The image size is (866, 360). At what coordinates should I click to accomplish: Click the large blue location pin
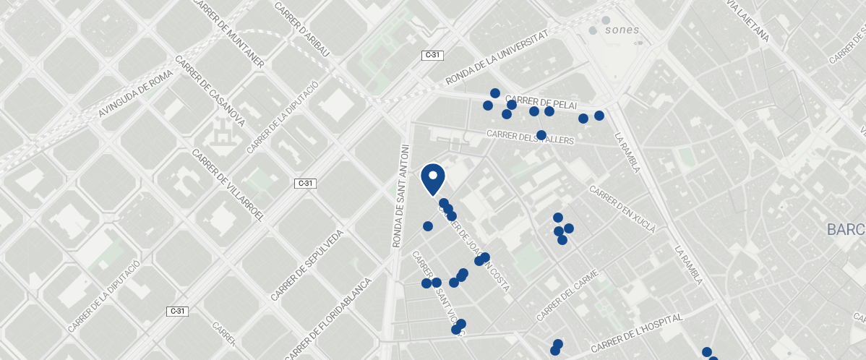[433, 179]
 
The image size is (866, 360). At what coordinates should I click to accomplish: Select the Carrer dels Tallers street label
[530, 136]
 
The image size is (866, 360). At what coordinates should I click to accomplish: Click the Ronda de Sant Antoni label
[400, 196]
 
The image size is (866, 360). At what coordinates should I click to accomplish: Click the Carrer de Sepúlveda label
[306, 267]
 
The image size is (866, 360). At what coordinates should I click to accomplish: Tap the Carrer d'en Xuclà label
[622, 210]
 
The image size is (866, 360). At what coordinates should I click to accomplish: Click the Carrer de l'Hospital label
[635, 333]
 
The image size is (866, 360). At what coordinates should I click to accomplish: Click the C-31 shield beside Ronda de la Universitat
[432, 55]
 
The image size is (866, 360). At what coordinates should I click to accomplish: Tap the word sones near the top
[622, 30]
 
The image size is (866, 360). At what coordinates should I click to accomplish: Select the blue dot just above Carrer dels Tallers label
[541, 135]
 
